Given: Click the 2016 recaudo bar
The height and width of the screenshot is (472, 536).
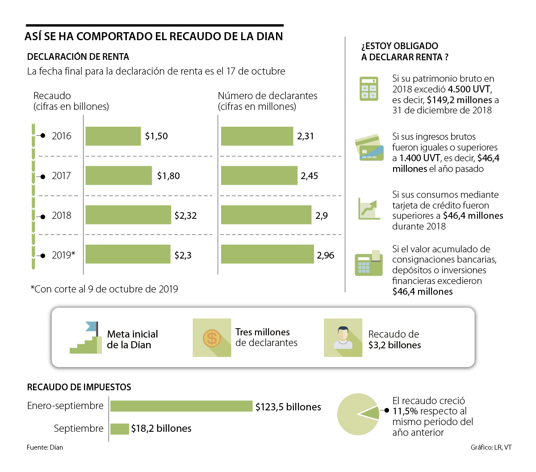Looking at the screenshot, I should (x=113, y=136).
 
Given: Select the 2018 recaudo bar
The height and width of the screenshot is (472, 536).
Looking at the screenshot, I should (x=128, y=215).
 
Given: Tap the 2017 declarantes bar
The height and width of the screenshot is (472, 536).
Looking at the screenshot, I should (x=259, y=175).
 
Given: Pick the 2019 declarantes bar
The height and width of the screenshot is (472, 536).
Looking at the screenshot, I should (x=267, y=254).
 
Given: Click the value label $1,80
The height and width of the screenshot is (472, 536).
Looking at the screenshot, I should (x=168, y=176).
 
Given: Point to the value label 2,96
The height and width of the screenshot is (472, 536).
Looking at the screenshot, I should (x=326, y=255).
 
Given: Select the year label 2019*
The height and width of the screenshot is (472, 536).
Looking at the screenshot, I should (x=63, y=255).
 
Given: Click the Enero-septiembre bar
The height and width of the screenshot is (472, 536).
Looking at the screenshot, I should (x=181, y=406).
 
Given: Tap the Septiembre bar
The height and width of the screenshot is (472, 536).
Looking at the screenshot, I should (x=120, y=429).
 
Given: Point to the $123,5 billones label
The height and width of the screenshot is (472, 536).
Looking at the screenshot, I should (x=288, y=407).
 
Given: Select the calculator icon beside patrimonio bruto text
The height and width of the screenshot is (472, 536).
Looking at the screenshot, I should (x=369, y=88).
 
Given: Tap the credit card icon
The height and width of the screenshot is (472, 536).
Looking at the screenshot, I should (x=369, y=148).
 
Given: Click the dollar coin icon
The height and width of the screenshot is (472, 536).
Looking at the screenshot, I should (x=212, y=338).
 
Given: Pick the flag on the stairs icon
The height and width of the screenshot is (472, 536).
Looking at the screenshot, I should (x=91, y=326).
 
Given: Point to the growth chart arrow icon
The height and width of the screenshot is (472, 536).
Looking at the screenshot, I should (x=369, y=209).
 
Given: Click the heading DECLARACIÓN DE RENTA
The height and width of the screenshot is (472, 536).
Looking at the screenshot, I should (x=78, y=57).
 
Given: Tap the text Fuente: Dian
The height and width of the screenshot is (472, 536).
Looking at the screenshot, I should (x=45, y=447).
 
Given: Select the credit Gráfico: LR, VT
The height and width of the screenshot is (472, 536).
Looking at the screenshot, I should (x=491, y=447).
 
